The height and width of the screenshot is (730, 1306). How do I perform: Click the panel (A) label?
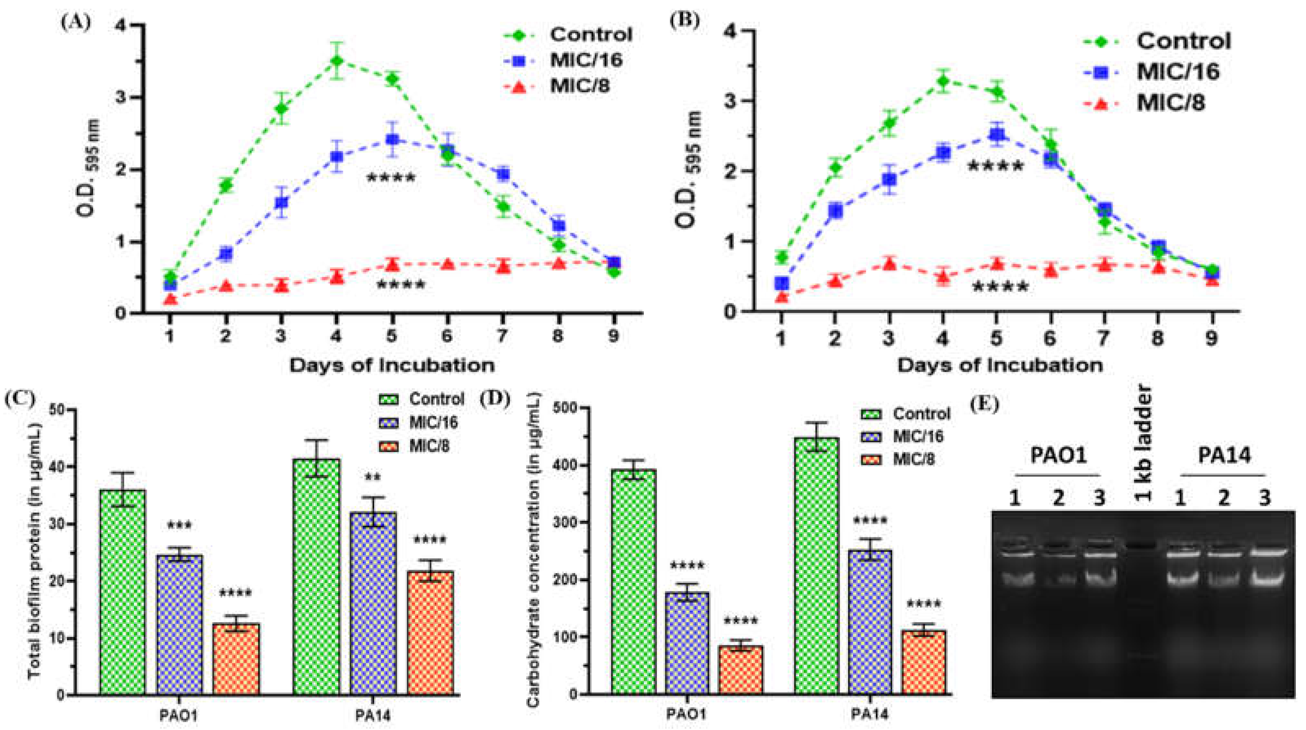tap(76, 22)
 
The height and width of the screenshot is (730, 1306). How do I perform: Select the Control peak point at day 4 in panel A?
tap(336, 61)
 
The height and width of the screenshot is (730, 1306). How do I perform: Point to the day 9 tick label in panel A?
tap(614, 336)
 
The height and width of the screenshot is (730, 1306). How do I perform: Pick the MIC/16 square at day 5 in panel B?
tap(997, 135)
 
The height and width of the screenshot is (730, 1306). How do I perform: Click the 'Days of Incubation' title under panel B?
tap(1000, 365)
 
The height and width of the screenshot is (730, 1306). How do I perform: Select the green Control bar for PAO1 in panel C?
tap(123, 591)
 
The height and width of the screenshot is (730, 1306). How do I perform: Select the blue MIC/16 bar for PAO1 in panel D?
tap(686, 643)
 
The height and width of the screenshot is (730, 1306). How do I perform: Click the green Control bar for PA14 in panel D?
tap(816, 566)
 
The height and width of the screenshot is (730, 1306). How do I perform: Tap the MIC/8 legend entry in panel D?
tap(913, 460)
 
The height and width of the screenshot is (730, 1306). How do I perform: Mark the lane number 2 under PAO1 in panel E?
tap(1058, 498)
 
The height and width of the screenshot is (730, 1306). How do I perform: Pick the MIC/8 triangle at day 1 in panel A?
tap(170, 299)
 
